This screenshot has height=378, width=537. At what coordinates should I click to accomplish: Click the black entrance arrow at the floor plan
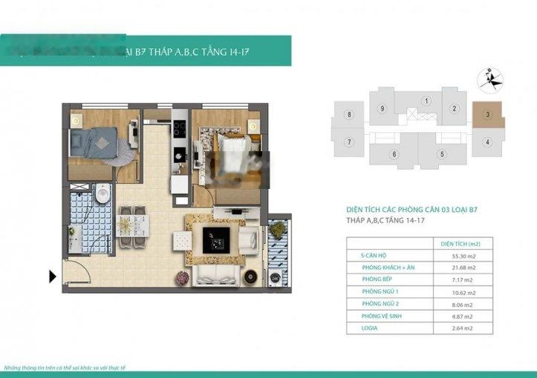tap(53, 276)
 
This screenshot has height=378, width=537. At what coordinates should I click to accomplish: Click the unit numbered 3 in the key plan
tap(487, 115)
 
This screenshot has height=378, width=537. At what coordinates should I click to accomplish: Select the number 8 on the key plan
tap(348, 115)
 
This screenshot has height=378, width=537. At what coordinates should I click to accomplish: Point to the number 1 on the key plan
tap(426, 101)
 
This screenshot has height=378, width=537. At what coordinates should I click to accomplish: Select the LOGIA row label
tap(373, 328)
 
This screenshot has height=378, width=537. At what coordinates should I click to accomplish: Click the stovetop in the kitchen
tap(178, 129)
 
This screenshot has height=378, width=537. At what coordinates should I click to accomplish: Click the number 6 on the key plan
tap(394, 154)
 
